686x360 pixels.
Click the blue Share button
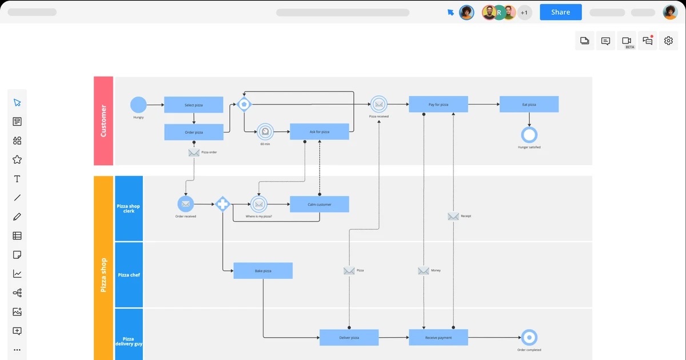pos(560,12)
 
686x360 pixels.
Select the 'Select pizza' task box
pos(193,105)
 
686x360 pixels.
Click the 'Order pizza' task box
pos(193,132)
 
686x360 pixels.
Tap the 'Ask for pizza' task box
pos(319,131)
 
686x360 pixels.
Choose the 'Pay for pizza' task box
pos(438,104)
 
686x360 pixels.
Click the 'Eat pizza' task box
pos(529,104)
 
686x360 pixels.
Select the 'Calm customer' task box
pos(319,204)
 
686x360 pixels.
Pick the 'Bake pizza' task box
pos(263,270)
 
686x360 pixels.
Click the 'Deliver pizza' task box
pos(349,337)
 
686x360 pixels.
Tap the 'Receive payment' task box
pos(438,337)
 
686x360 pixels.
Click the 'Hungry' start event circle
pos(138,105)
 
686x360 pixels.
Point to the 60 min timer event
pos(265,131)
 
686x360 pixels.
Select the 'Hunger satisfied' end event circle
pos(529,135)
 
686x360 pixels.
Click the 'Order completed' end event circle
pos(529,337)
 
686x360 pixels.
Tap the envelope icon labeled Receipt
pos(453,216)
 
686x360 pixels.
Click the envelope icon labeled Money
pos(424,270)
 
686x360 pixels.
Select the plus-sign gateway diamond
pos(222,204)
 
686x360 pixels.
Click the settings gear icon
pos(668,41)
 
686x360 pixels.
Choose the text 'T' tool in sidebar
pos(17,179)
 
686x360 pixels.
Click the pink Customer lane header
pos(103,121)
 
